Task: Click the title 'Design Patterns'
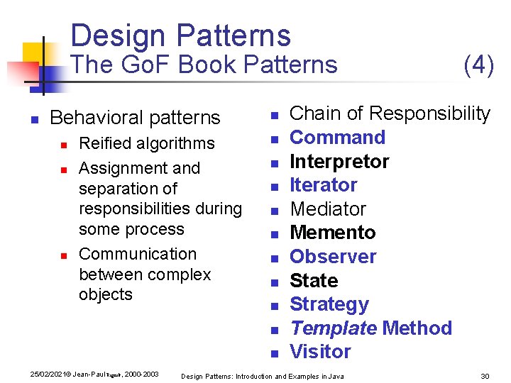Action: click(181, 35)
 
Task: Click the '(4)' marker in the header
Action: click(478, 65)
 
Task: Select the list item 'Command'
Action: click(337, 137)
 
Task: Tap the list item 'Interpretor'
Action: click(339, 161)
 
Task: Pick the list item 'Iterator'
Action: click(323, 185)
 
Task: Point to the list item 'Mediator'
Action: click(327, 209)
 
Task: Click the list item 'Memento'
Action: click(332, 233)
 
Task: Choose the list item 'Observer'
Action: click(333, 257)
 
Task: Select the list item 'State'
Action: click(314, 281)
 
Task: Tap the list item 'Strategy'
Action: click(329, 304)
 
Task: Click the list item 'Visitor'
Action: click(320, 352)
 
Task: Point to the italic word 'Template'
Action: click(333, 328)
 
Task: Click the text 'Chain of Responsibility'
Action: click(390, 113)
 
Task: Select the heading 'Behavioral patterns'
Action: click(135, 118)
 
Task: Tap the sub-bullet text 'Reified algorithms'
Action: click(146, 143)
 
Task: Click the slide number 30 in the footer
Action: click(485, 376)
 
